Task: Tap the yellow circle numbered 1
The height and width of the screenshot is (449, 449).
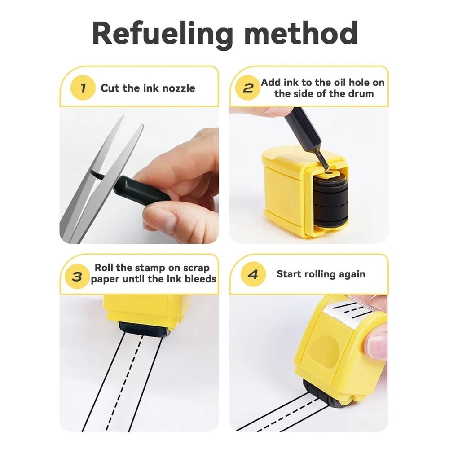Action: coord(83,88)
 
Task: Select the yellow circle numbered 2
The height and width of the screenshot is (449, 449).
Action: coord(248,88)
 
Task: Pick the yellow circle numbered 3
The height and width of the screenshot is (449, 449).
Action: coord(77,276)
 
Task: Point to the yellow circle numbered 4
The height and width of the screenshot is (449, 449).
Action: coord(252,274)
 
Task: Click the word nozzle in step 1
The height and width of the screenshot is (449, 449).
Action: coord(179,88)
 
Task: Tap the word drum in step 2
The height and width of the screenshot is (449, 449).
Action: coord(360,94)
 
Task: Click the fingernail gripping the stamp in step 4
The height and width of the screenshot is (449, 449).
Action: coord(377,346)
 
